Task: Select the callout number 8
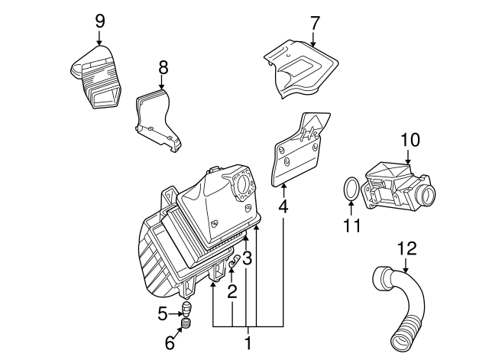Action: tap(162, 69)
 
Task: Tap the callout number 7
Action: tap(315, 22)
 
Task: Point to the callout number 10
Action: tap(410, 140)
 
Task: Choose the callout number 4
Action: tap(283, 206)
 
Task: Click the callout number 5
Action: tap(162, 312)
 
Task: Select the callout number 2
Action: tap(231, 290)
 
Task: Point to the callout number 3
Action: tap(247, 258)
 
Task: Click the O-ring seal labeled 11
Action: tap(349, 190)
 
